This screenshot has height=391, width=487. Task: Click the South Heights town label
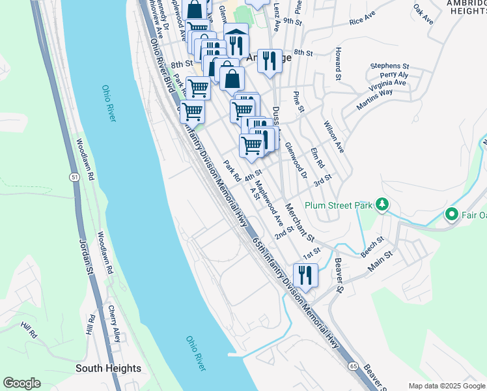(x=108, y=368)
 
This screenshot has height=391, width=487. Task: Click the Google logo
(x=21, y=383)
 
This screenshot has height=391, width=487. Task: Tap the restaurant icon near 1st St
(x=305, y=274)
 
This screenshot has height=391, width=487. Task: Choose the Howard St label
(x=339, y=64)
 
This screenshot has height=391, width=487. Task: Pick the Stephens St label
(x=389, y=66)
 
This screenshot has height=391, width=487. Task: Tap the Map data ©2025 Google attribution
(x=446, y=386)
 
